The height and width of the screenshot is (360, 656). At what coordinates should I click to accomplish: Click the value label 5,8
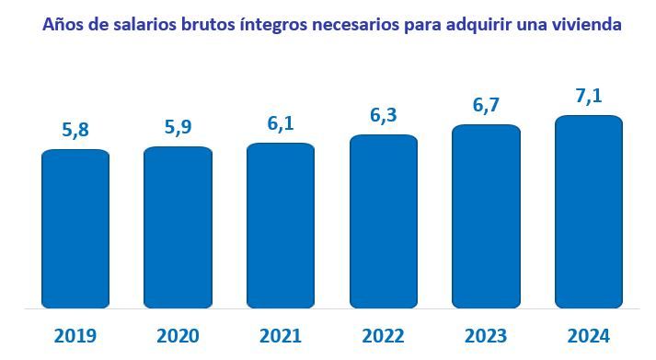click(x=75, y=130)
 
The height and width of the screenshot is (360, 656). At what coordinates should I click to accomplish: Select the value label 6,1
click(x=281, y=122)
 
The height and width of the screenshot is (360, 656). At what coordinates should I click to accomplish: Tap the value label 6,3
click(x=384, y=116)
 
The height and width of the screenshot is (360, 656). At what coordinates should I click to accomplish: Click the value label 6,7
click(x=486, y=106)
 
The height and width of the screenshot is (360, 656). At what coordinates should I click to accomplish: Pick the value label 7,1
click(x=589, y=96)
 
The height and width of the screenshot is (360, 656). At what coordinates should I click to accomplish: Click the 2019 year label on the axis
click(x=75, y=335)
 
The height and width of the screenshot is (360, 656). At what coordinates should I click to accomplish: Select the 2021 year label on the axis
click(x=281, y=335)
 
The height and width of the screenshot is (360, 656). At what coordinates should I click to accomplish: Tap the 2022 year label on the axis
click(x=384, y=335)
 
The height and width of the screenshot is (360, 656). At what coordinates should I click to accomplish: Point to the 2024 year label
click(x=589, y=335)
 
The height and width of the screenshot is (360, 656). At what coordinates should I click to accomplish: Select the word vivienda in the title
click(x=586, y=25)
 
